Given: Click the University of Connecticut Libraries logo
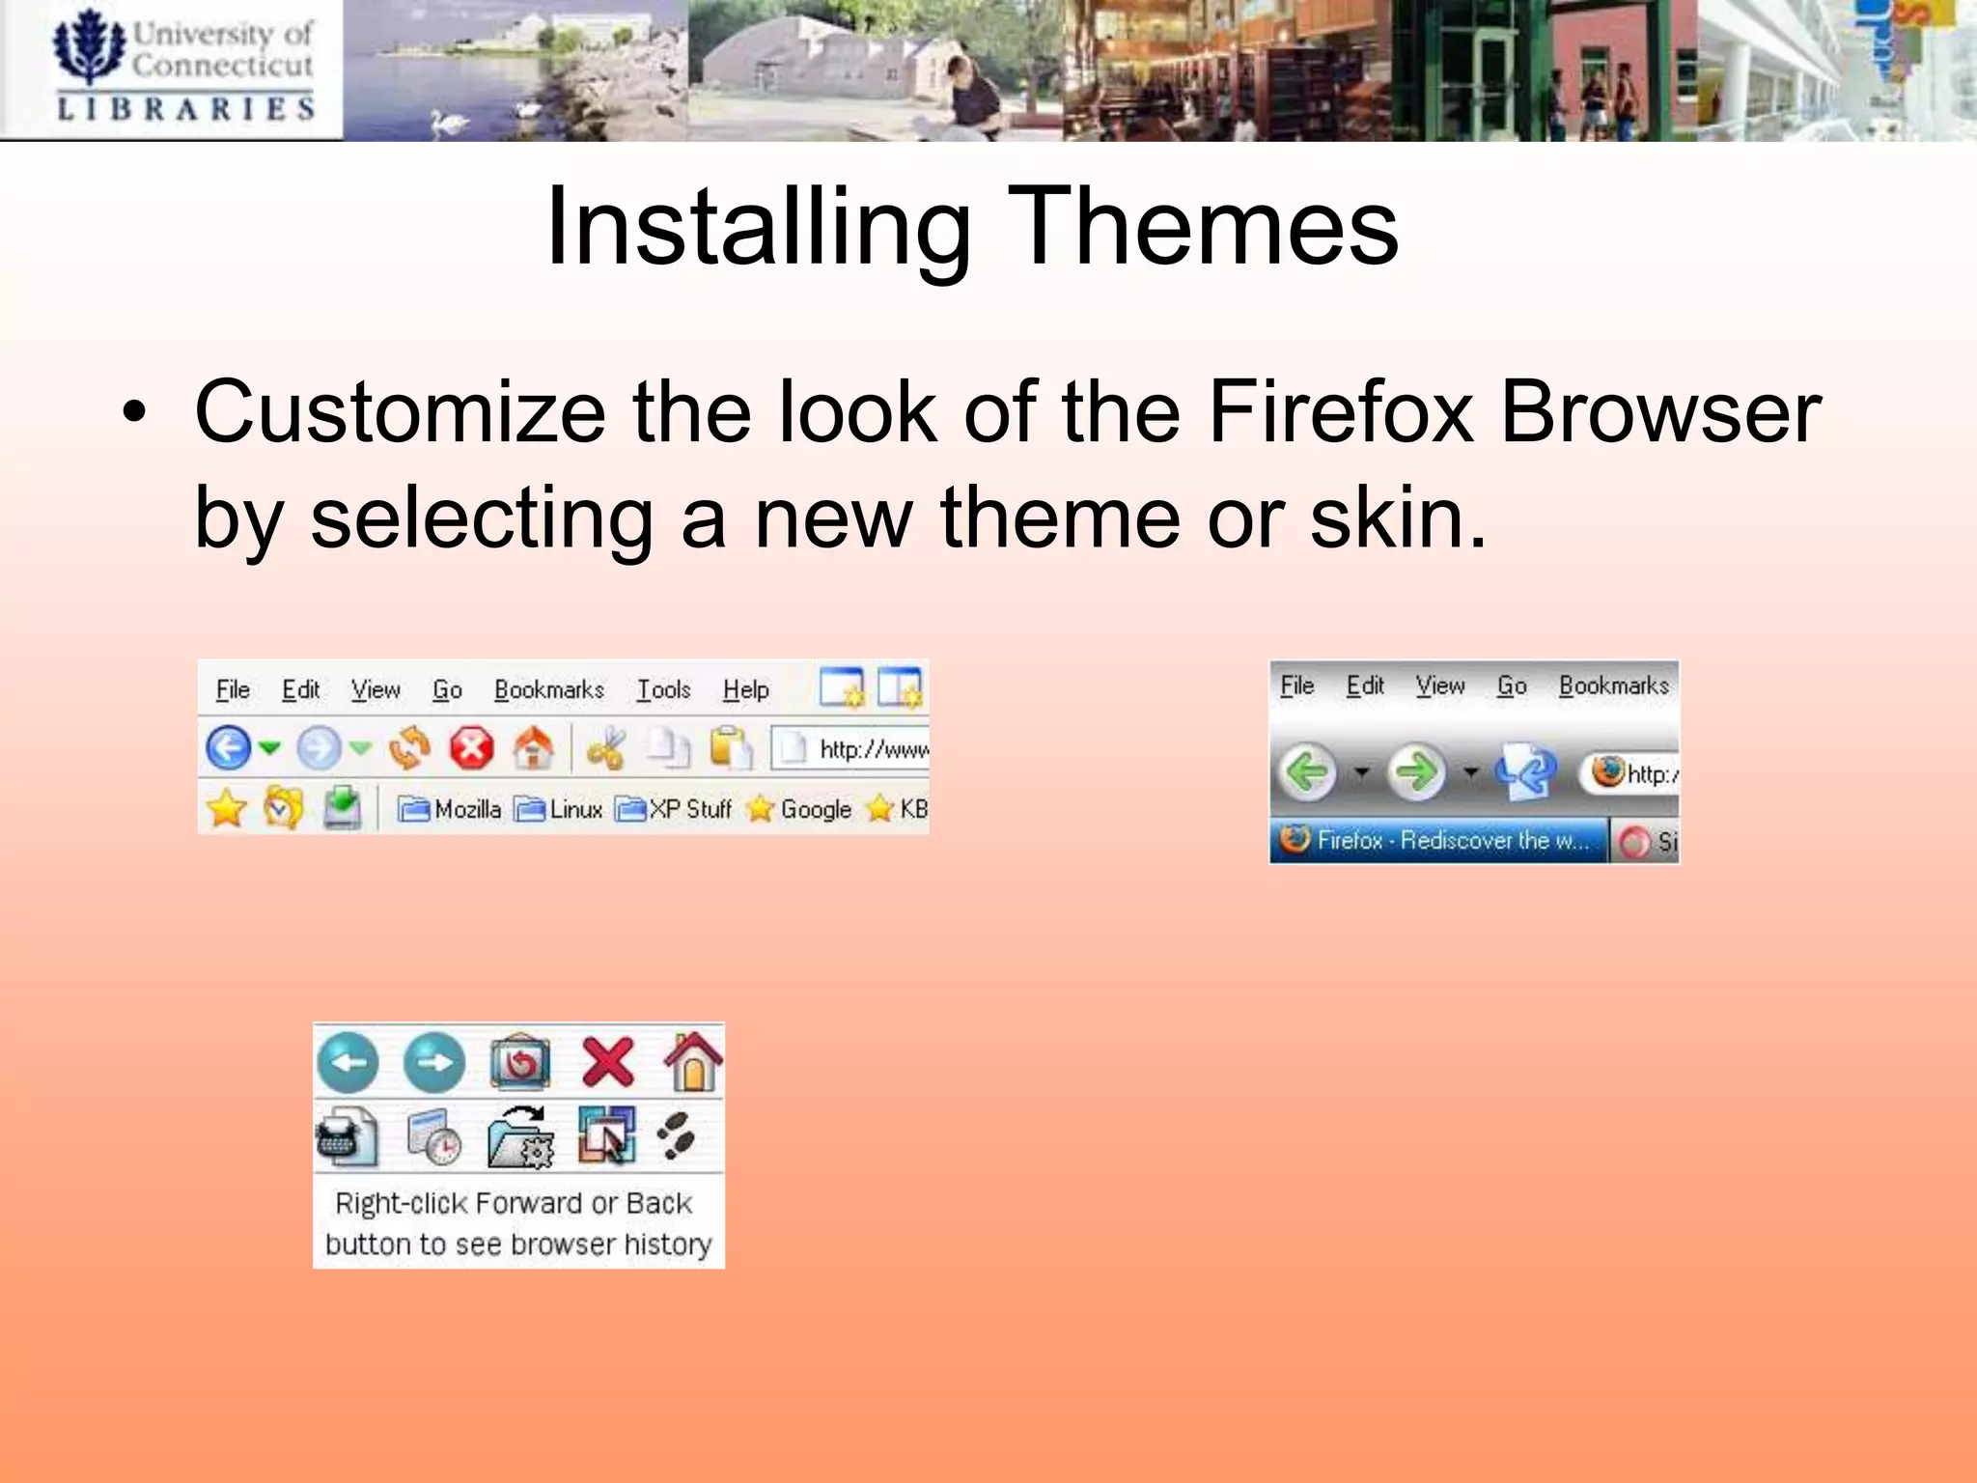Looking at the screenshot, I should click(x=183, y=68).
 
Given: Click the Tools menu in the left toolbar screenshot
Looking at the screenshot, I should click(x=663, y=690).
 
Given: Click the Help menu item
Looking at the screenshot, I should click(x=745, y=690).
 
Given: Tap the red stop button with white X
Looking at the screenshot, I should click(x=471, y=748).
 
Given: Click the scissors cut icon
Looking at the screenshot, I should click(x=606, y=748).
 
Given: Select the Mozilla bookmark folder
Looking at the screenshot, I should click(x=450, y=809).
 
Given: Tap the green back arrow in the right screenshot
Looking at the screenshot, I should click(x=1307, y=772).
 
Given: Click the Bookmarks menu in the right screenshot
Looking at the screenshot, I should click(x=1613, y=686).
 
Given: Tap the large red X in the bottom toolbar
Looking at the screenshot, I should click(x=608, y=1062).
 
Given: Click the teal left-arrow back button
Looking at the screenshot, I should click(x=348, y=1062).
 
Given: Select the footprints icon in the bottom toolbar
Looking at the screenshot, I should click(x=678, y=1136).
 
